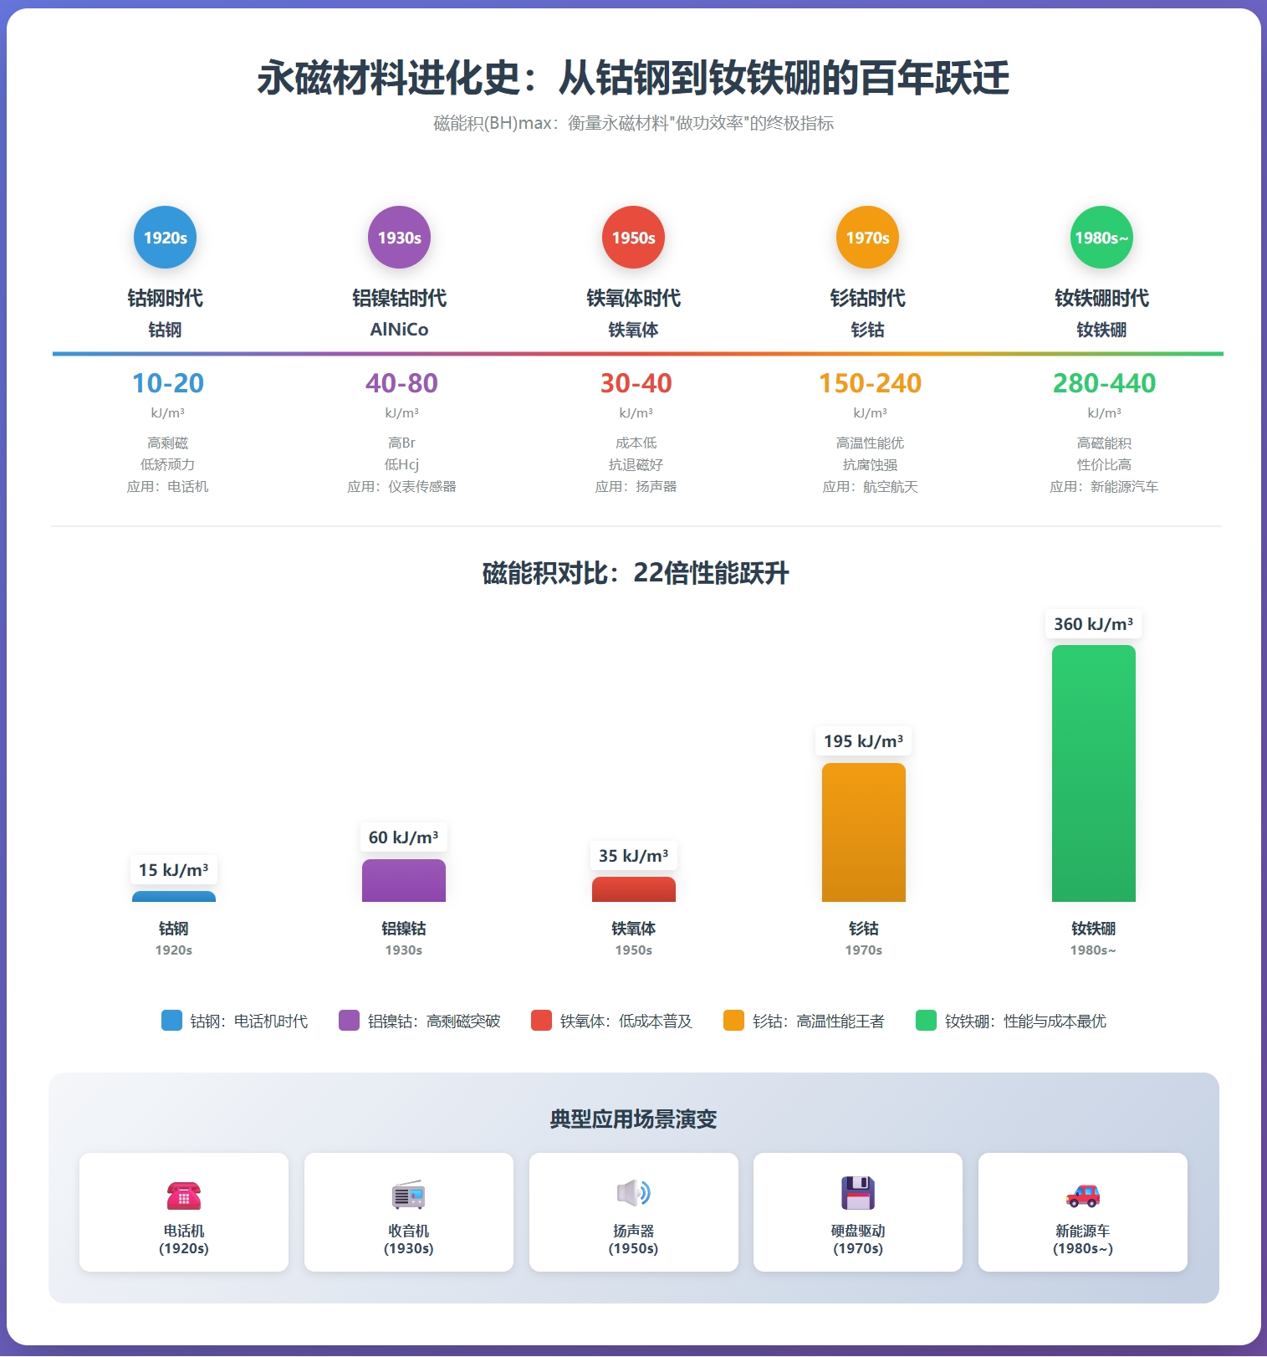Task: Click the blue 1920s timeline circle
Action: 166,238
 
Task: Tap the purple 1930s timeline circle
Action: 400,238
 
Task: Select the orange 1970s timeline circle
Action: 868,238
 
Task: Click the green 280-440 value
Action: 1104,383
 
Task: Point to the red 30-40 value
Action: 636,383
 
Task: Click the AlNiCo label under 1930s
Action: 400,330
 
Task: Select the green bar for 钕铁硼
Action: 1093,774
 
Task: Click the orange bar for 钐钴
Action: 863,832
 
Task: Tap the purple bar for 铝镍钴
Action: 403,881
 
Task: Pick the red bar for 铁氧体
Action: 633,889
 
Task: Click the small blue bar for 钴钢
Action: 174,897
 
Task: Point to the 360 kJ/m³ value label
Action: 1093,624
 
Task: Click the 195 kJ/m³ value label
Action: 863,741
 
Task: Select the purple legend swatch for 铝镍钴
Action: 349,1021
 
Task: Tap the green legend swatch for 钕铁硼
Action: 926,1021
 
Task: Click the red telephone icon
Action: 184,1195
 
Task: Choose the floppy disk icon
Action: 858,1193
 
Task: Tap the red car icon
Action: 1083,1195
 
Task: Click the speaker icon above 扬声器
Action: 633,1193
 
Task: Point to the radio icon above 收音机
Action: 409,1195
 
